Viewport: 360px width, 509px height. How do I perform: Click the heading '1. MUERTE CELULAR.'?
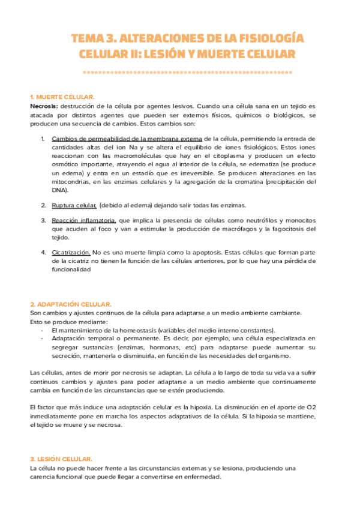tap(62, 97)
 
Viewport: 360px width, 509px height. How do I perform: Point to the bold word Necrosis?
tap(43, 106)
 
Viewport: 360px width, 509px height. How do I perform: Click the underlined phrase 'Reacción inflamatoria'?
tap(84, 220)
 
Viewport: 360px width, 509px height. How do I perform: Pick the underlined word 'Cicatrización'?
tap(71, 253)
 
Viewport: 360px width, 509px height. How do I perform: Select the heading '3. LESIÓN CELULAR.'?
tap(61, 459)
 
